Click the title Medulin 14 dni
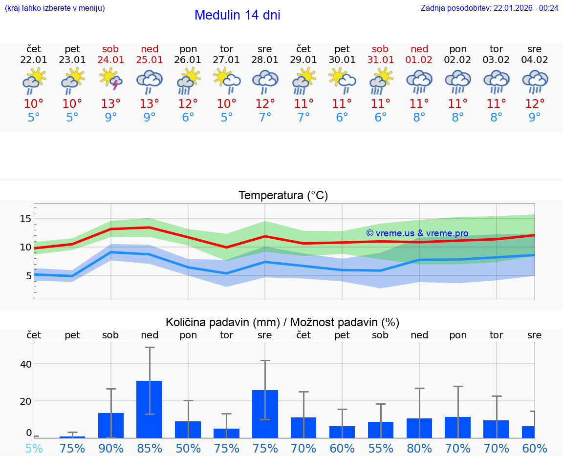[237, 15]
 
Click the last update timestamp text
[489, 8]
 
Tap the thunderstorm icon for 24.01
[111, 80]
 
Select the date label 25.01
[150, 60]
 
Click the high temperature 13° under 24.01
[111, 103]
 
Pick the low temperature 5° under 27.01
[226, 117]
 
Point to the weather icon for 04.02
[535, 81]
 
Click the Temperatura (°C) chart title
[283, 196]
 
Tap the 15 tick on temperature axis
[25, 219]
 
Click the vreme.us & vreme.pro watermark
[417, 233]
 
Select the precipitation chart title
[282, 322]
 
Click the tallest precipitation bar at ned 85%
[149, 409]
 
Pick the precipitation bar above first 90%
[111, 425]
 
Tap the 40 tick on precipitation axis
[26, 364]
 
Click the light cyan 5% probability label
[34, 448]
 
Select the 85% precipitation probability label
[150, 448]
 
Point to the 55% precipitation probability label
[380, 448]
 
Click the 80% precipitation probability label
[419, 448]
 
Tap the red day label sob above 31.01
[380, 49]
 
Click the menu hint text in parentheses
[55, 8]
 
